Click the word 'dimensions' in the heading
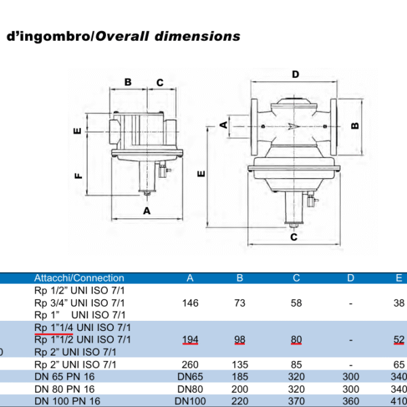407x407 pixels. click(x=197, y=36)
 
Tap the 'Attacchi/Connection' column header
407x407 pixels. click(x=79, y=278)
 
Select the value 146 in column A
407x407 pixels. click(x=190, y=303)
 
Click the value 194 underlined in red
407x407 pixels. click(x=190, y=340)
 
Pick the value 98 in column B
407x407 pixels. click(x=239, y=340)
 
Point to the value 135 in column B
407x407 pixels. click(x=240, y=364)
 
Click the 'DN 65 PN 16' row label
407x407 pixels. click(x=64, y=376)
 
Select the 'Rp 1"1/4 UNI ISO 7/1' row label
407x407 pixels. click(x=83, y=328)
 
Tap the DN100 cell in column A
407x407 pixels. click(x=190, y=401)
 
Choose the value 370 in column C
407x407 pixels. click(x=296, y=401)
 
